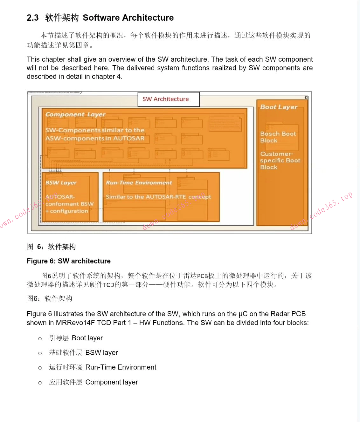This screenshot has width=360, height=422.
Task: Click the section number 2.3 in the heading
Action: pos(33,18)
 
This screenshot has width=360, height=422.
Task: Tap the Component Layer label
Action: pos(75,114)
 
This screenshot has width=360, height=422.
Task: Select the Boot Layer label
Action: pos(279,107)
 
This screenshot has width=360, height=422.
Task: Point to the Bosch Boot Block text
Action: pos(278,137)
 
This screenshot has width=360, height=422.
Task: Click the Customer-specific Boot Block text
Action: pos(280,160)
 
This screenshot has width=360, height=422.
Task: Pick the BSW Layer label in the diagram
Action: pos(61,183)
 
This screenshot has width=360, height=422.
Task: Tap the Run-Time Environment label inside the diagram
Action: pos(139,183)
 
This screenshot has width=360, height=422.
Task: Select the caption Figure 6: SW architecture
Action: pos(69,261)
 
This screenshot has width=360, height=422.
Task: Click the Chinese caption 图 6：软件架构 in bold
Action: pos(51,247)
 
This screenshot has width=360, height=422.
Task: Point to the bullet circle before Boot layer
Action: pos(40,339)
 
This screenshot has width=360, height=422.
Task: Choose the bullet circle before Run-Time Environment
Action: pos(40,368)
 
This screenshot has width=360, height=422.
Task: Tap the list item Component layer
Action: pos(111,382)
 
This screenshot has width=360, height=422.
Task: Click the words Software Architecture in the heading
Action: pos(128,18)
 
